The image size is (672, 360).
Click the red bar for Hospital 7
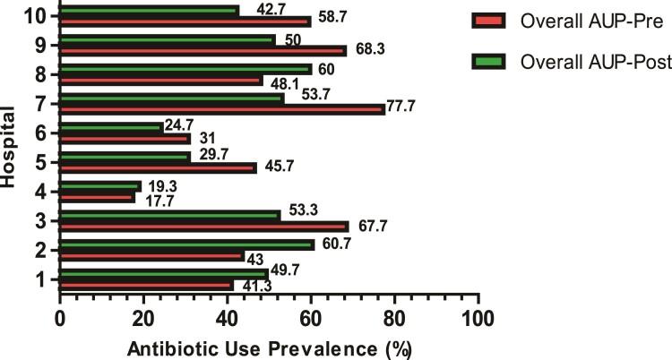222,109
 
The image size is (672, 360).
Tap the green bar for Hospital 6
111,127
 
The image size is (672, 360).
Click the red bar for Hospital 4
97,197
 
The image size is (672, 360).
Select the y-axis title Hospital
10,149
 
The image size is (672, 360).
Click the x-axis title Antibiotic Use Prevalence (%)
269,347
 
